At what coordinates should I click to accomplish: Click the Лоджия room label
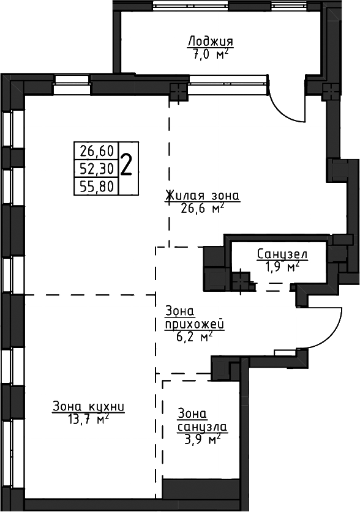pyautogui.click(x=211, y=42)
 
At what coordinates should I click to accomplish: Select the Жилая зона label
pyautogui.click(x=203, y=195)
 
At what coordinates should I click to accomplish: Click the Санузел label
pyautogui.click(x=282, y=254)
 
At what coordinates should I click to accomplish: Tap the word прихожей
pyautogui.click(x=194, y=325)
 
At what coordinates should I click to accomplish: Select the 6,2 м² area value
pyautogui.click(x=194, y=337)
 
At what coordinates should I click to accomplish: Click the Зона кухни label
pyautogui.click(x=88, y=407)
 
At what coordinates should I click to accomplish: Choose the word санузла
pyautogui.click(x=202, y=427)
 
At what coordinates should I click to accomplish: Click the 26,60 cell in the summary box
pyautogui.click(x=97, y=151)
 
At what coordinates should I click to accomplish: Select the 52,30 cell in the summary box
pyautogui.click(x=97, y=168)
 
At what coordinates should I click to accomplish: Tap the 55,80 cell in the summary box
pyautogui.click(x=97, y=187)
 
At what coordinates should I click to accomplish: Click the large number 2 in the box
pyautogui.click(x=126, y=165)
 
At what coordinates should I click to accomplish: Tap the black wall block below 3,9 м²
pyautogui.click(x=201, y=488)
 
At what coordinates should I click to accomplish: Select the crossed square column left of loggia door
pyautogui.click(x=178, y=91)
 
